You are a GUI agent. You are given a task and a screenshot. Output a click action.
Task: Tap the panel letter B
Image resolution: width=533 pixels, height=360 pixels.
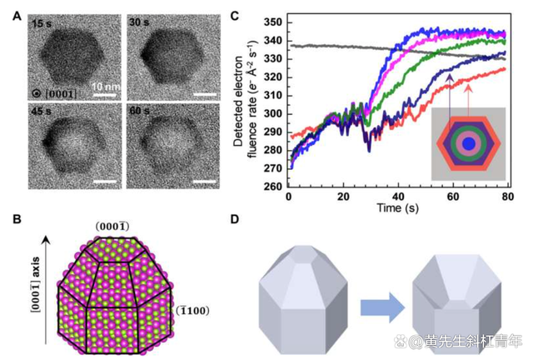click(17, 221)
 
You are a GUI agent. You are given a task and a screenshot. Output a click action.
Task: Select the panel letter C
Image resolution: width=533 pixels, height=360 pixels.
click(236, 15)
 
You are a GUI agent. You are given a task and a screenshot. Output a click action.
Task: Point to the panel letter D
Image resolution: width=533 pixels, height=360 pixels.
click(236, 221)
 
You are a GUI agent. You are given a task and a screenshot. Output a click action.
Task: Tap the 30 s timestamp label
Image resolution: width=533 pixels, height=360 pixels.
click(139, 23)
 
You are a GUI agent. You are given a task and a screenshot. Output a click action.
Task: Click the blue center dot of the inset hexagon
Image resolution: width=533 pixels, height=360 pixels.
click(470, 145)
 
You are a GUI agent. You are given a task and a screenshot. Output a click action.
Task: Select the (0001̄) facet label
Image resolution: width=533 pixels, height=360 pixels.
click(111, 226)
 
